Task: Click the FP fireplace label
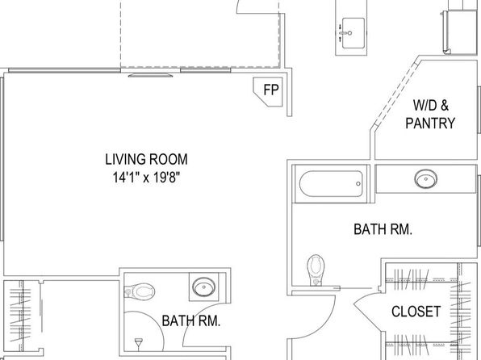[271, 90]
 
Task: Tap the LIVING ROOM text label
[146, 159]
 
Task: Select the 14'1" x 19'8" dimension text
[146, 177]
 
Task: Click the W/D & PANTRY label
[430, 114]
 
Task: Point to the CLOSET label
[416, 312]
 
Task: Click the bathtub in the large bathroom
[331, 183]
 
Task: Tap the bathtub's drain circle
[358, 183]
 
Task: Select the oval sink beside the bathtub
[426, 178]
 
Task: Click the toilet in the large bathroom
[316, 270]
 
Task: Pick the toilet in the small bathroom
[140, 291]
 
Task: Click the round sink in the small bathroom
[203, 287]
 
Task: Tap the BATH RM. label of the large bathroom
[383, 229]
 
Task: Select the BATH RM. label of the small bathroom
[190, 320]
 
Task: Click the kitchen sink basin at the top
[353, 33]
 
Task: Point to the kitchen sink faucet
[345, 32]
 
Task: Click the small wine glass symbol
[139, 345]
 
